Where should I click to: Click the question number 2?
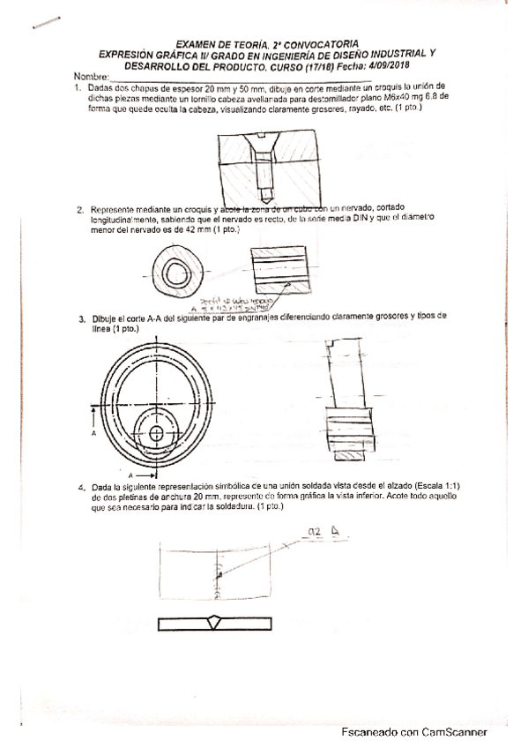tap(79, 209)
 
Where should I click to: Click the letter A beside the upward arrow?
tap(93, 434)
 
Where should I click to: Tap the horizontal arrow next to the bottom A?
tap(136, 474)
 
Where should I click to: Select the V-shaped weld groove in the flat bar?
tap(215, 623)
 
